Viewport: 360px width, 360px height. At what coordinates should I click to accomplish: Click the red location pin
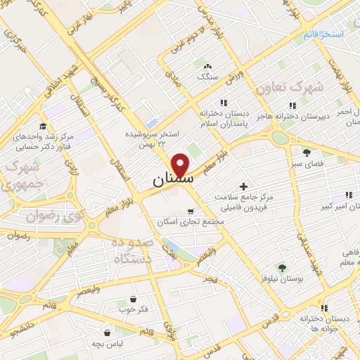click(182, 165)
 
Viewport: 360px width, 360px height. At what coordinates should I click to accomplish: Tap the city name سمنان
click(171, 181)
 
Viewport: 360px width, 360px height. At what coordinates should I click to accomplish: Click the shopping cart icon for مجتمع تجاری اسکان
click(191, 210)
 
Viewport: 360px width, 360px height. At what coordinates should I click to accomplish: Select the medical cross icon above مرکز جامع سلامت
click(244, 186)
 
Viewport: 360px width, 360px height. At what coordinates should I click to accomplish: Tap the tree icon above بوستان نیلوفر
click(281, 267)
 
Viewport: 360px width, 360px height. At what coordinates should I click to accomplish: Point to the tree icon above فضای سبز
click(307, 151)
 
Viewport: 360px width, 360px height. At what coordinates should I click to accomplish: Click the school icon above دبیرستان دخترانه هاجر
click(292, 105)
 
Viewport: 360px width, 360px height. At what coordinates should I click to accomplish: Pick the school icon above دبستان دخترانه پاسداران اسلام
click(224, 101)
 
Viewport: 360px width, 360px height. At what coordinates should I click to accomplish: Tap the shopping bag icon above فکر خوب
click(134, 299)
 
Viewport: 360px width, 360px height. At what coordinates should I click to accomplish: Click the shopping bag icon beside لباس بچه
click(106, 333)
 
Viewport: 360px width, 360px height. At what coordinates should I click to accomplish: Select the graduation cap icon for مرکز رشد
click(44, 126)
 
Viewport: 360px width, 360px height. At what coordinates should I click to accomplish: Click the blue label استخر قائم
click(323, 34)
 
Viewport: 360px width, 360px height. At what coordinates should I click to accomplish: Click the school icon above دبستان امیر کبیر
click(347, 195)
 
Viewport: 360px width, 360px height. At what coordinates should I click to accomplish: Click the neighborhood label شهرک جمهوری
click(20, 176)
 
